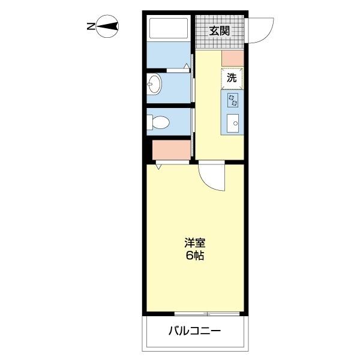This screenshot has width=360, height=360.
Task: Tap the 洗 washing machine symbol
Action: point(232,77)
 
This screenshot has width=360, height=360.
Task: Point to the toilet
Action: point(158,122)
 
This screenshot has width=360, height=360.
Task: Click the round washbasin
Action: point(155,85)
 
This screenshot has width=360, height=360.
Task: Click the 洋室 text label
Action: point(195,243)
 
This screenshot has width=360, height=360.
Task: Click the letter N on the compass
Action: point(90,26)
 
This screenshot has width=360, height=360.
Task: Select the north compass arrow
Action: point(108,26)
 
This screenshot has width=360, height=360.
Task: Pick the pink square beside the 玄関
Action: point(232,58)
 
